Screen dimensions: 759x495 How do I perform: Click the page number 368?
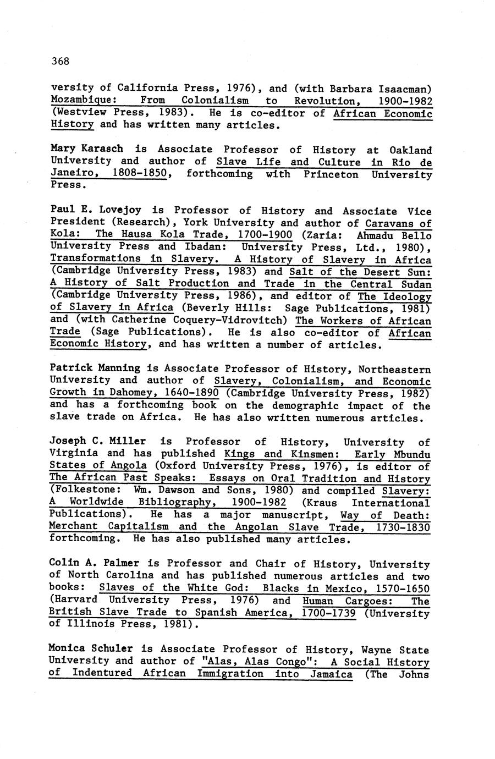tap(61, 61)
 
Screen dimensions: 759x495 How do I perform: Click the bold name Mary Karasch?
tap(86, 149)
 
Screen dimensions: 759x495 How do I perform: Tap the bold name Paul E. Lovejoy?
tap(95, 210)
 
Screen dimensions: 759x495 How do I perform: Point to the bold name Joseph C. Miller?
tap(97, 441)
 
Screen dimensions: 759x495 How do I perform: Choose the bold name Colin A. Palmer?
tap(94, 563)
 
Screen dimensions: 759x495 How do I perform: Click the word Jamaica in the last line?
tap(331, 674)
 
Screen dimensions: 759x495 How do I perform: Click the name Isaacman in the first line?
tap(404, 89)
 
